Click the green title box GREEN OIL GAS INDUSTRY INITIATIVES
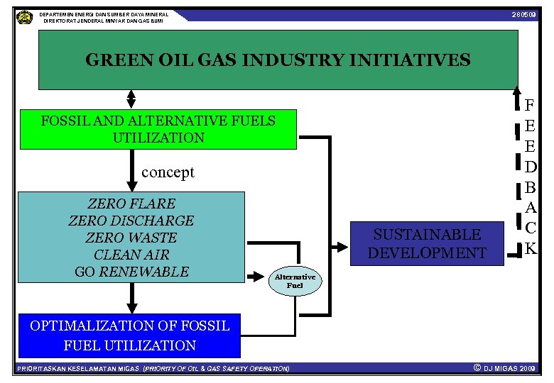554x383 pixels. point(278,60)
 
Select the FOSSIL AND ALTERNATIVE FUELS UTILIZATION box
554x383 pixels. point(158,129)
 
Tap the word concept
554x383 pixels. point(168,172)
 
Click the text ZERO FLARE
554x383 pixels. point(131,204)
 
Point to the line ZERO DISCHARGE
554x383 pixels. point(131,221)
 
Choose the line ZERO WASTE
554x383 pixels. point(131,238)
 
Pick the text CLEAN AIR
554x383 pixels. point(131,255)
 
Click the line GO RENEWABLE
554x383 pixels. point(131,272)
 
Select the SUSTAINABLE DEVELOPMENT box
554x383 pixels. point(427,243)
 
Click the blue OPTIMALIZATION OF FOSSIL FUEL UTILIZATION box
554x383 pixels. point(129,335)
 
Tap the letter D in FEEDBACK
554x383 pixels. point(530,168)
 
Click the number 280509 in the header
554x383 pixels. point(523,15)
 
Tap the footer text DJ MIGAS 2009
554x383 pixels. point(509,369)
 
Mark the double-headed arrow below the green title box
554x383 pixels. point(131,100)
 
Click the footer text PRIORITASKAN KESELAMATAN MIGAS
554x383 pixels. point(78,369)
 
